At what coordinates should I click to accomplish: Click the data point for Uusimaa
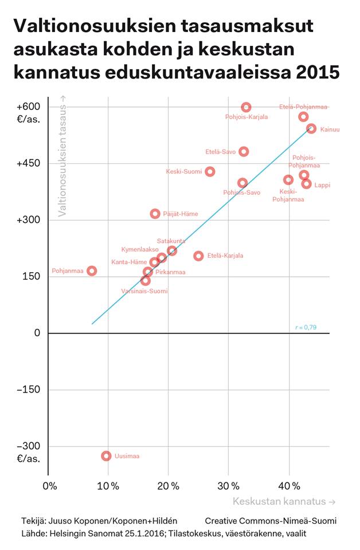click(x=106, y=456)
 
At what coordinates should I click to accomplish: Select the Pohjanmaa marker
click(x=92, y=270)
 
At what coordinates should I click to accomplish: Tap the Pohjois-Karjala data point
click(x=246, y=107)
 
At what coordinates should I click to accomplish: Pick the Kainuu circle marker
click(x=311, y=129)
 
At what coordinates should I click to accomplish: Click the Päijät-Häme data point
click(x=155, y=214)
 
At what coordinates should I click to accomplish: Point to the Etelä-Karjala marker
click(x=198, y=256)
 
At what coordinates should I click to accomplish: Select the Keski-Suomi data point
click(x=210, y=171)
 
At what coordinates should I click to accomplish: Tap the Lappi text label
click(x=322, y=185)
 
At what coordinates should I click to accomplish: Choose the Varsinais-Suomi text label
click(x=144, y=291)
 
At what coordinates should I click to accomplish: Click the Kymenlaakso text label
click(x=140, y=250)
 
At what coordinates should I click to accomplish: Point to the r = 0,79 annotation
click(x=306, y=327)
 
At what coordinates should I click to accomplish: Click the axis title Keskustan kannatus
click(x=284, y=502)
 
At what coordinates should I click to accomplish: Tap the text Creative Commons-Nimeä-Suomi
click(x=271, y=521)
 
